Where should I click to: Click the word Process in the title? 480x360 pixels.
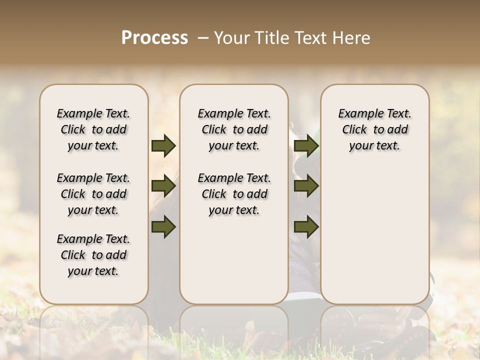coord(154,38)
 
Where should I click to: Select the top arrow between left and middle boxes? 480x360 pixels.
coord(163,146)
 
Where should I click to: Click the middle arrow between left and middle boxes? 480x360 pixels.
coord(163,186)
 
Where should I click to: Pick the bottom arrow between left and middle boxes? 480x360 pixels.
coord(163,226)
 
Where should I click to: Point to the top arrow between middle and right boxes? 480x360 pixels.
coord(306,146)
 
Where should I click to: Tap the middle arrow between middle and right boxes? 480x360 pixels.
coord(306,186)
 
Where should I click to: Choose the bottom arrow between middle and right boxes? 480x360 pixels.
coord(306,226)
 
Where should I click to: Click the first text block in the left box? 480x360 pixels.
coord(93,129)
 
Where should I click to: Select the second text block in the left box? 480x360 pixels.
coord(93,194)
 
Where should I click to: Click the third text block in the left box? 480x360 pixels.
coord(93,255)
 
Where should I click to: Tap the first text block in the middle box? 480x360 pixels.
coord(234,129)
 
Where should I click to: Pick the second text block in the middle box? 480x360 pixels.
coord(234,194)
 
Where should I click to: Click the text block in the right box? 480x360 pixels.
coord(374,129)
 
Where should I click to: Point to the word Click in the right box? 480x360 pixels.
coord(354,130)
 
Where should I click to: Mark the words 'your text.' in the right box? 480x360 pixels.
coord(374,146)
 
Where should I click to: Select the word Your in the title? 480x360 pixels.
coord(230,38)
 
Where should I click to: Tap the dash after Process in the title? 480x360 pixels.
coord(203,38)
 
